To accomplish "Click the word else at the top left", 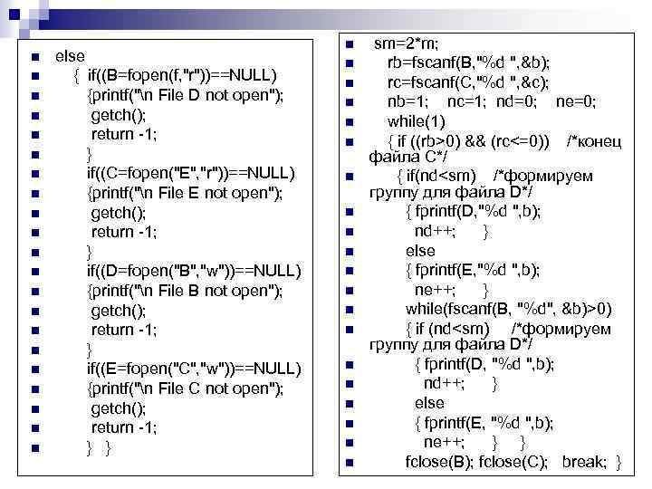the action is click(70, 56).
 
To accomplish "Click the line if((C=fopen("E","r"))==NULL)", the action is click(191, 172).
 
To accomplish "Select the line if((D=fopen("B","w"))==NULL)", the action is click(192, 270).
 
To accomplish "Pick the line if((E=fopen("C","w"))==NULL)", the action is click(193, 368).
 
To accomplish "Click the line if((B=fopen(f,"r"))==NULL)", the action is click(182, 75).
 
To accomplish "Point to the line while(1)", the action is click(416, 120).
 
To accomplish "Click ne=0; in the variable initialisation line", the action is click(575, 101).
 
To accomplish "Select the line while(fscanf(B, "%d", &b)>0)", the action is click(508, 309).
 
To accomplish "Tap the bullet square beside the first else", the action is click(34, 57).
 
